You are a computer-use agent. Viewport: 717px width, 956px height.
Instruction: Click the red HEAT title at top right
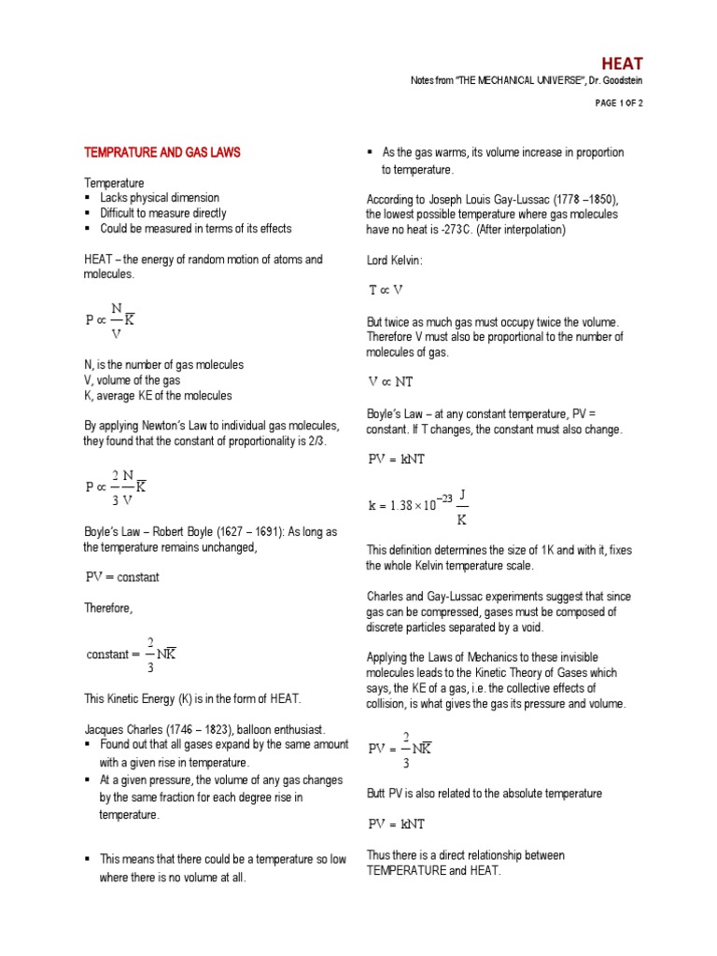(622, 63)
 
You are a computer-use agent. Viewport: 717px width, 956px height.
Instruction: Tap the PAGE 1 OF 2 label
(618, 104)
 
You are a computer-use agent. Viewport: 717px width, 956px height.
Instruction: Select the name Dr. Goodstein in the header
(612, 82)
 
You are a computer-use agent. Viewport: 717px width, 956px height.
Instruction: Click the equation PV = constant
(122, 577)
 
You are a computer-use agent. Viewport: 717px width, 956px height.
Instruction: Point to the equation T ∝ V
(386, 290)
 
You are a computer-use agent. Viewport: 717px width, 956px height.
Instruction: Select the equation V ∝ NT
(391, 382)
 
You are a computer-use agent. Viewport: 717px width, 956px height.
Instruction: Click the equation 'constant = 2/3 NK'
(131, 654)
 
